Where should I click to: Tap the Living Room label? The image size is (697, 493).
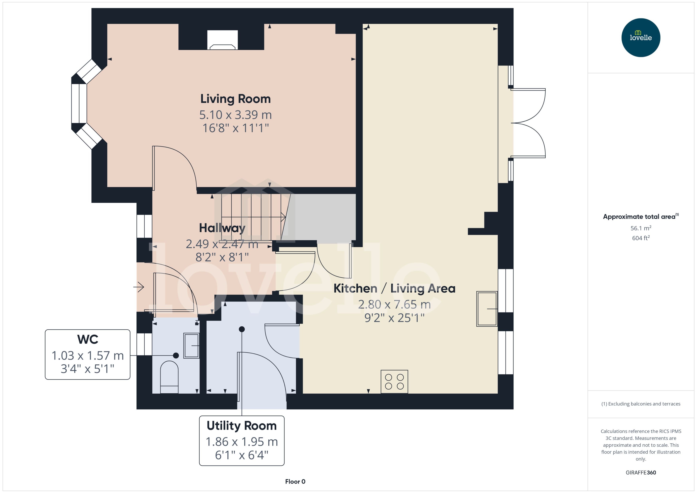click(235, 99)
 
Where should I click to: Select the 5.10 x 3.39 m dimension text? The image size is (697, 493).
click(235, 115)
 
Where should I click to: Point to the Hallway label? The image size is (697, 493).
click(222, 228)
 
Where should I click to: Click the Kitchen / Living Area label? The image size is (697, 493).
click(394, 288)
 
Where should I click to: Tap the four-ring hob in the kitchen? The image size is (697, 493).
click(394, 382)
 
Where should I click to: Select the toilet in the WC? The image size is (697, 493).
click(169, 376)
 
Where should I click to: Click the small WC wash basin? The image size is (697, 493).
click(191, 346)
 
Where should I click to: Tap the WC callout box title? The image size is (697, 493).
click(88, 339)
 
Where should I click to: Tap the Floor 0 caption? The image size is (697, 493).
click(295, 481)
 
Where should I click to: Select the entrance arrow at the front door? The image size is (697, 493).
click(139, 287)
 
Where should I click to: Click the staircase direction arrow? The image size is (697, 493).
click(283, 217)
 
